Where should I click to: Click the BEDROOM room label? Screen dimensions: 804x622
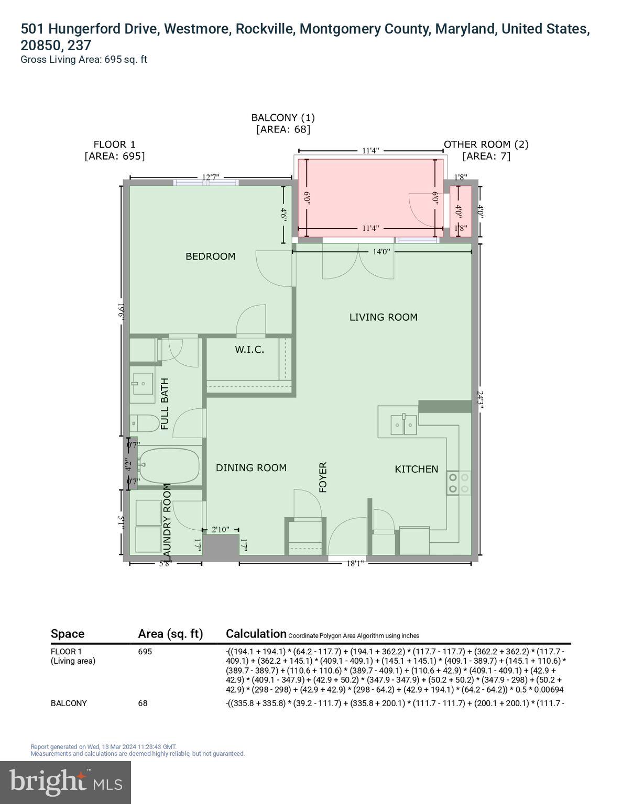tap(210, 256)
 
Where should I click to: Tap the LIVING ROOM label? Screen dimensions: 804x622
tap(383, 317)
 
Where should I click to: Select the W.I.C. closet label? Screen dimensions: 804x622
tap(249, 350)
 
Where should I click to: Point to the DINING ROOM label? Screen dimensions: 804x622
tap(251, 468)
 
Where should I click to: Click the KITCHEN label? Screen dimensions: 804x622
tap(416, 470)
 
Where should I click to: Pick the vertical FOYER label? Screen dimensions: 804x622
tap(323, 477)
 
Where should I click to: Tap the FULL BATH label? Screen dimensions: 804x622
tap(165, 404)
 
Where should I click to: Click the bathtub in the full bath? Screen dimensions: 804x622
tap(169, 465)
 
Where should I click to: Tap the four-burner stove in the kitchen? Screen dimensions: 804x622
tap(459, 483)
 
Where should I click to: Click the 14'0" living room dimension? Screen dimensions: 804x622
tap(381, 252)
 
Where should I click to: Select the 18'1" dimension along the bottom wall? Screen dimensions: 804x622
tap(355, 563)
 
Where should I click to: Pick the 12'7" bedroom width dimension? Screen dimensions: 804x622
tap(211, 177)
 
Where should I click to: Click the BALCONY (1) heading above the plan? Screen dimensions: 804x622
tap(283, 118)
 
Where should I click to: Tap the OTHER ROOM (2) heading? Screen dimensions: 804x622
tap(486, 144)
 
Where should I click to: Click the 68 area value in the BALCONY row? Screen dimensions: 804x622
tap(143, 703)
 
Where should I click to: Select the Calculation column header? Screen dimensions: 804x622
tap(256, 634)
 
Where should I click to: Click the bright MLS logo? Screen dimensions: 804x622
tap(66, 782)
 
